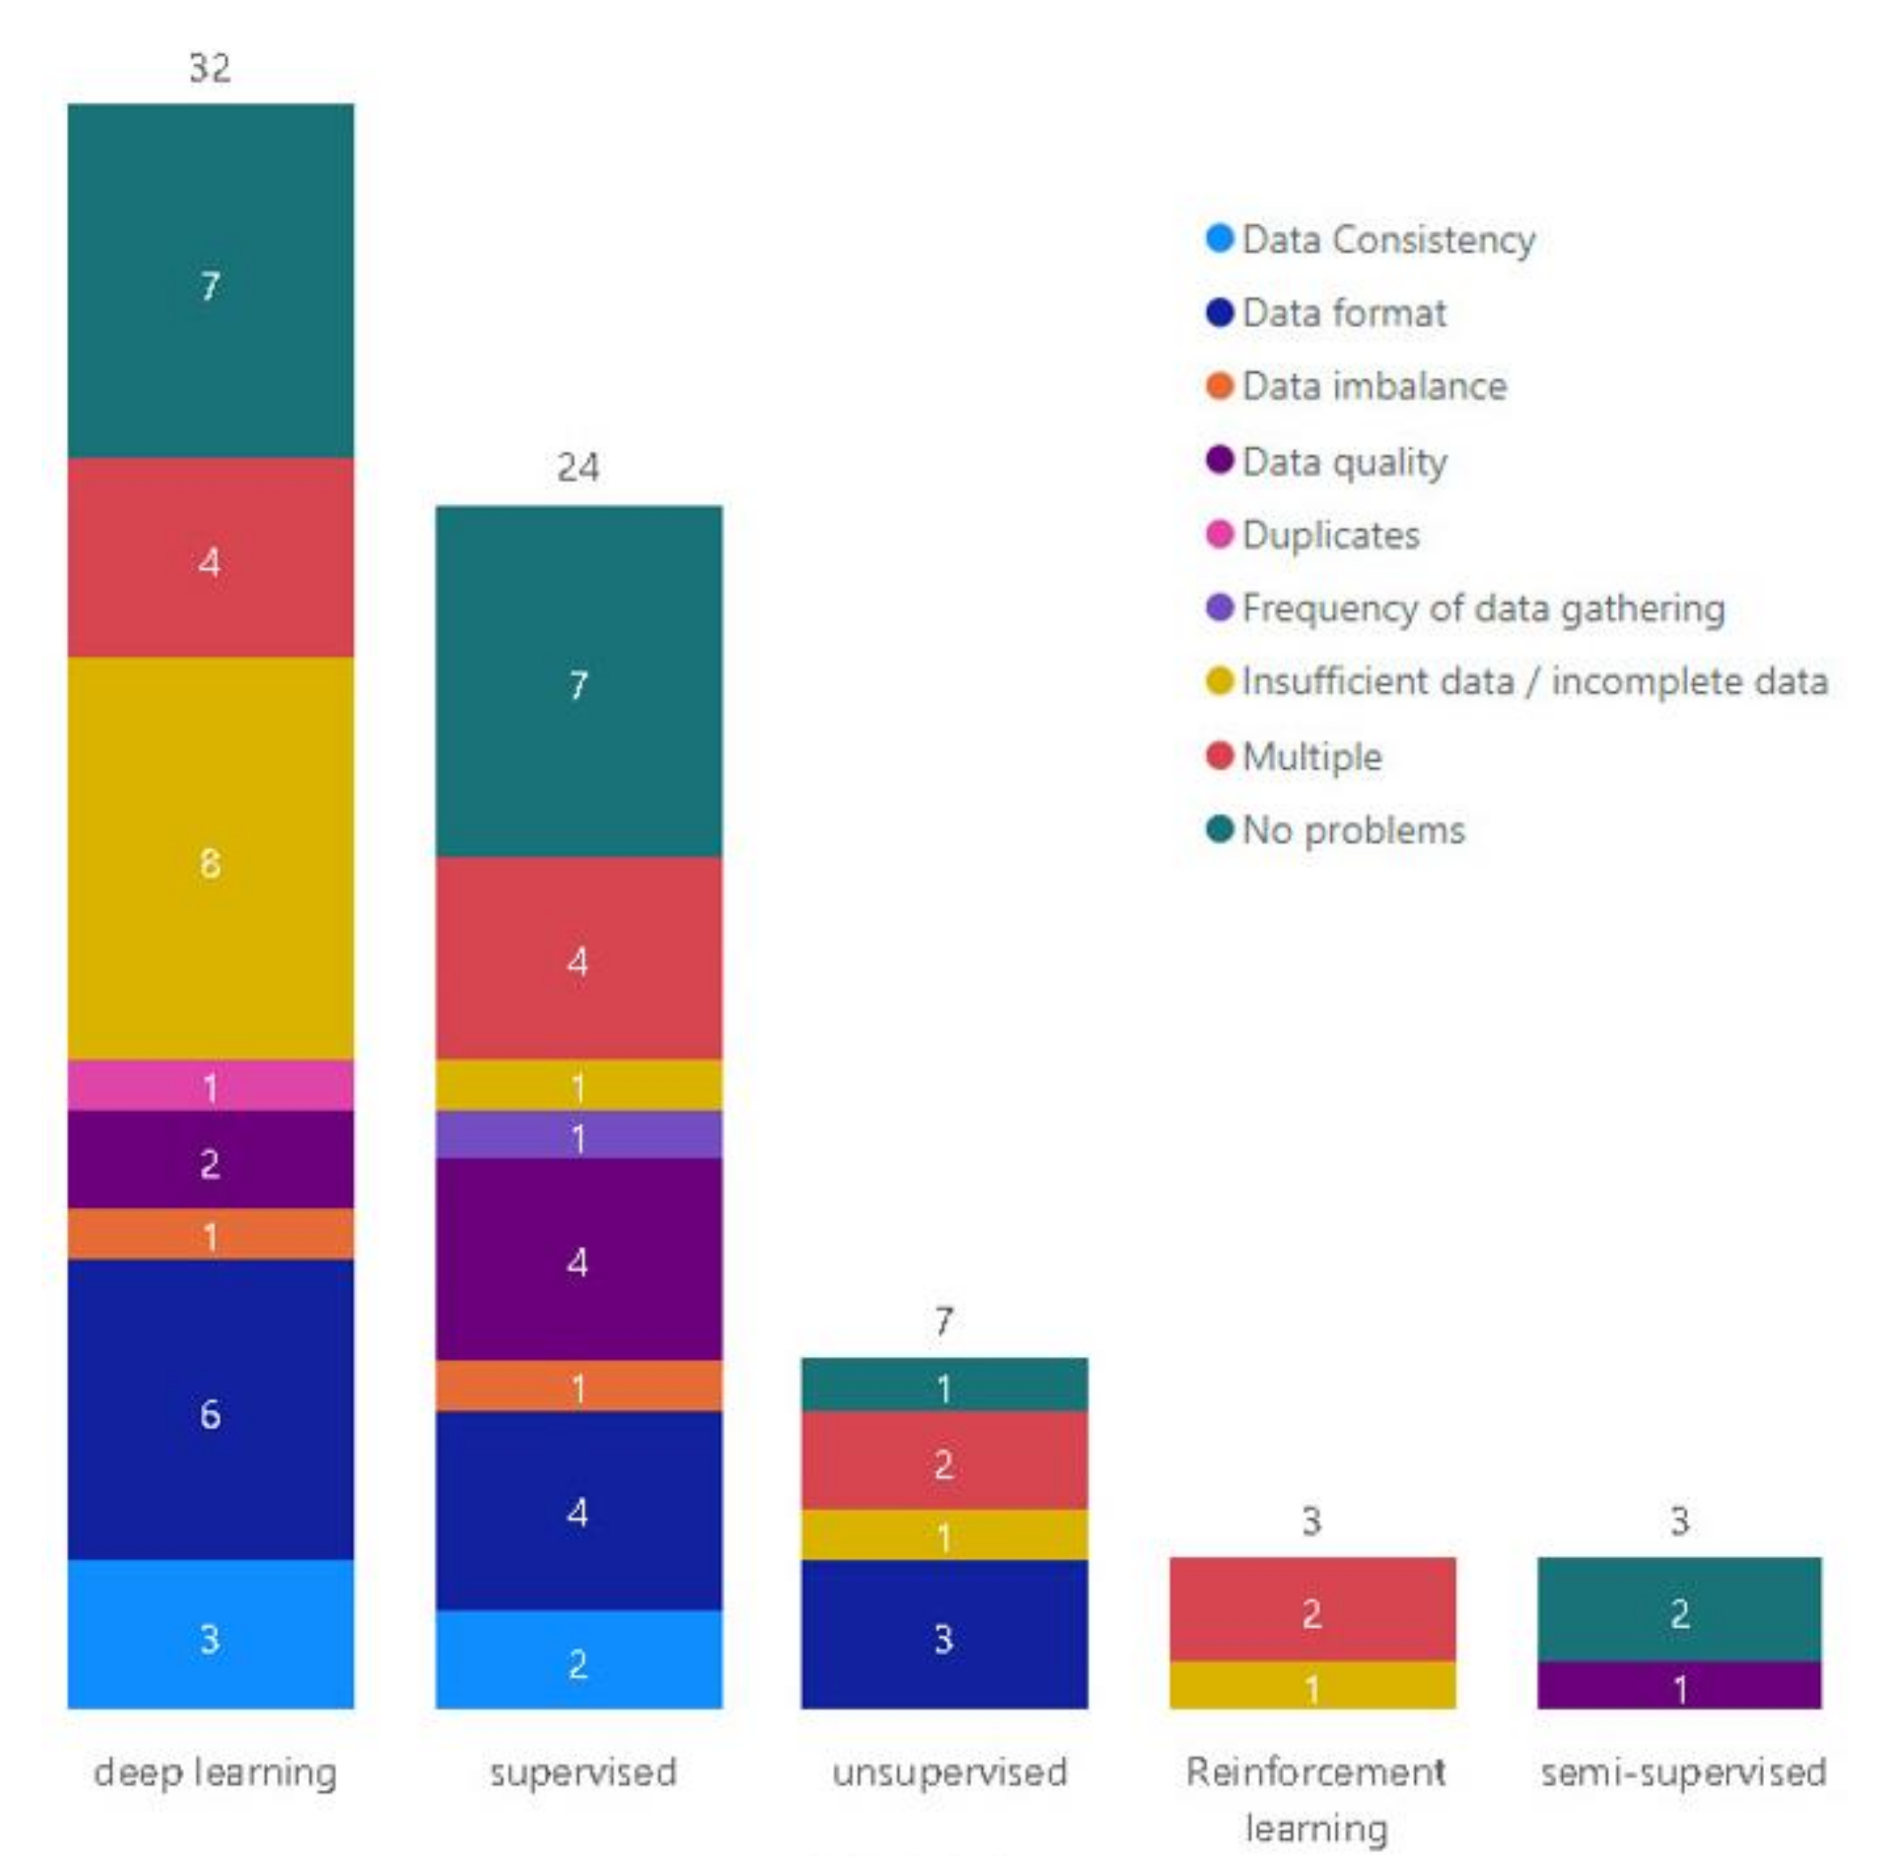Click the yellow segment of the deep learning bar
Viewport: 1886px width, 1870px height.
(x=210, y=859)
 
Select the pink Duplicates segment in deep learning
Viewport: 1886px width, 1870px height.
(x=210, y=1085)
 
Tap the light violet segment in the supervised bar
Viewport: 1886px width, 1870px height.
(x=578, y=1135)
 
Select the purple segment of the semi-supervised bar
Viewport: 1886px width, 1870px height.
(x=1679, y=1685)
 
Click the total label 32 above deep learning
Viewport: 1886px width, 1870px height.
(x=210, y=68)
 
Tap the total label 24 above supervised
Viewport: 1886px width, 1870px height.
(x=578, y=468)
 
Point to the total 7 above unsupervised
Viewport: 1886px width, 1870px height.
(x=943, y=1322)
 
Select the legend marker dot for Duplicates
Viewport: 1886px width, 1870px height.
(x=1219, y=534)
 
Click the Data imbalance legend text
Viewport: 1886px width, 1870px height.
(x=1373, y=387)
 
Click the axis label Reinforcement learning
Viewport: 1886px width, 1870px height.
(x=1315, y=1798)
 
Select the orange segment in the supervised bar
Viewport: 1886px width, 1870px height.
(x=578, y=1386)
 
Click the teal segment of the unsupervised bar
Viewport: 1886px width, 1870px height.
(x=944, y=1384)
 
